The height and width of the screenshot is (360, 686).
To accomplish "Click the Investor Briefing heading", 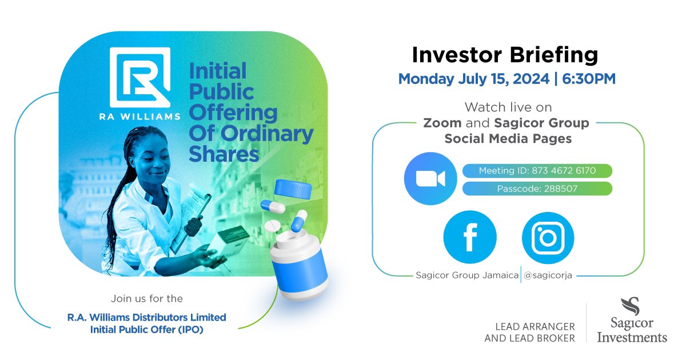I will point(505,55).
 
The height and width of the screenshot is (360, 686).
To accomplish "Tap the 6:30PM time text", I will point(589,79).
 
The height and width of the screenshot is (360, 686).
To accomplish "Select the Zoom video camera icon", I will point(430,178).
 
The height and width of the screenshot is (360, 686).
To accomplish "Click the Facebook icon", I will point(470,237).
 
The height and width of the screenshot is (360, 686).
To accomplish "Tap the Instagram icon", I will point(548,237).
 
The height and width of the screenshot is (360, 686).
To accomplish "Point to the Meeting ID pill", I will point(537,170).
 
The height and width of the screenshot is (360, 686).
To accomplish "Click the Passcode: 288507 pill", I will point(537,189).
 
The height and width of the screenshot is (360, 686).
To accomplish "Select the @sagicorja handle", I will point(548,275).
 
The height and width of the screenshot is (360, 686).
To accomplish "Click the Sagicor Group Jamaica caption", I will point(466,275).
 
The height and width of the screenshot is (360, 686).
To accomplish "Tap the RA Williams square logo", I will point(140,76).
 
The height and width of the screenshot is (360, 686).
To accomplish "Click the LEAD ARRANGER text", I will point(529,326).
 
